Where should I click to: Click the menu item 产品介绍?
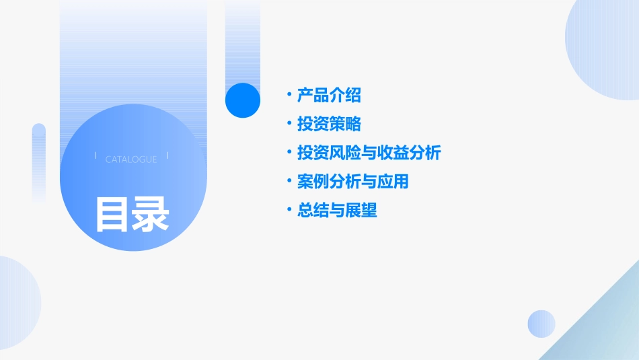pos(329,96)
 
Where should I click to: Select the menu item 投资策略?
pos(329,124)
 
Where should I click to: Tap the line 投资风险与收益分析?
pos(369,153)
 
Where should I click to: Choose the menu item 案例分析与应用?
pos(352,182)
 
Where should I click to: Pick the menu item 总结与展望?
pos(337,211)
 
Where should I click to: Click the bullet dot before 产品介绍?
pos(289,95)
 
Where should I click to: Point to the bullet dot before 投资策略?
pos(289,124)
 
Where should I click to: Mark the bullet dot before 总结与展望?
pos(289,210)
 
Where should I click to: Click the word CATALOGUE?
pos(131,159)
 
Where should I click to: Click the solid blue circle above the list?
pos(242,100)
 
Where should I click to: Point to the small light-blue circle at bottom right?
pos(541,324)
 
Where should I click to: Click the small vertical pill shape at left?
pos(39,161)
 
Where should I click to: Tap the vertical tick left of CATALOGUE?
pos(96,156)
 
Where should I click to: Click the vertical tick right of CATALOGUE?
pos(167,156)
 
